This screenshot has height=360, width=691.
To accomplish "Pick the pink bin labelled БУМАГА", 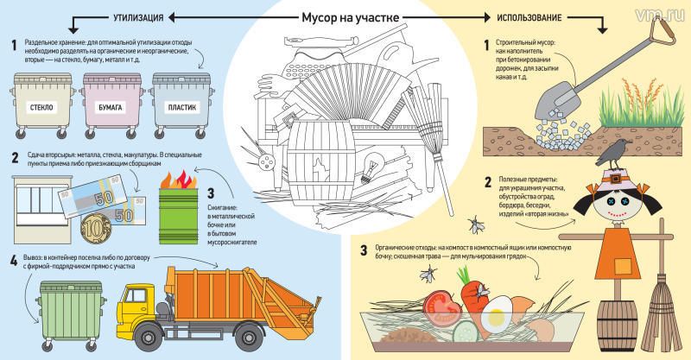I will click(113, 104).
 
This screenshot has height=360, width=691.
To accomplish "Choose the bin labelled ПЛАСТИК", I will click(183, 104).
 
